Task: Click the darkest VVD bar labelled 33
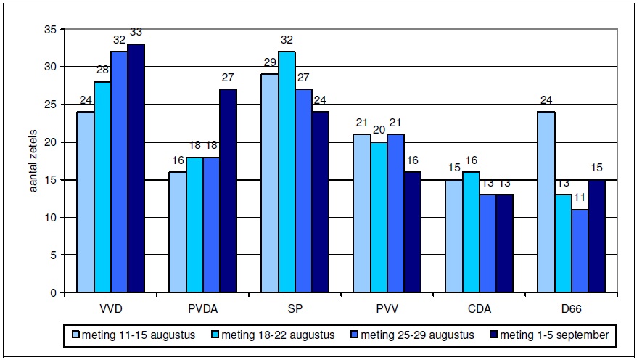pyautogui.click(x=136, y=168)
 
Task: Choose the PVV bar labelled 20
pyautogui.click(x=379, y=217)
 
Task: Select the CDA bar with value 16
pyautogui.click(x=472, y=232)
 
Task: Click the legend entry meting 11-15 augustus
pyautogui.click(x=133, y=335)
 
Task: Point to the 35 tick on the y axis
pyautogui.click(x=49, y=29)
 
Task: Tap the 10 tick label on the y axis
pyautogui.click(x=49, y=217)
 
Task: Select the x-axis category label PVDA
pyautogui.click(x=203, y=308)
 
